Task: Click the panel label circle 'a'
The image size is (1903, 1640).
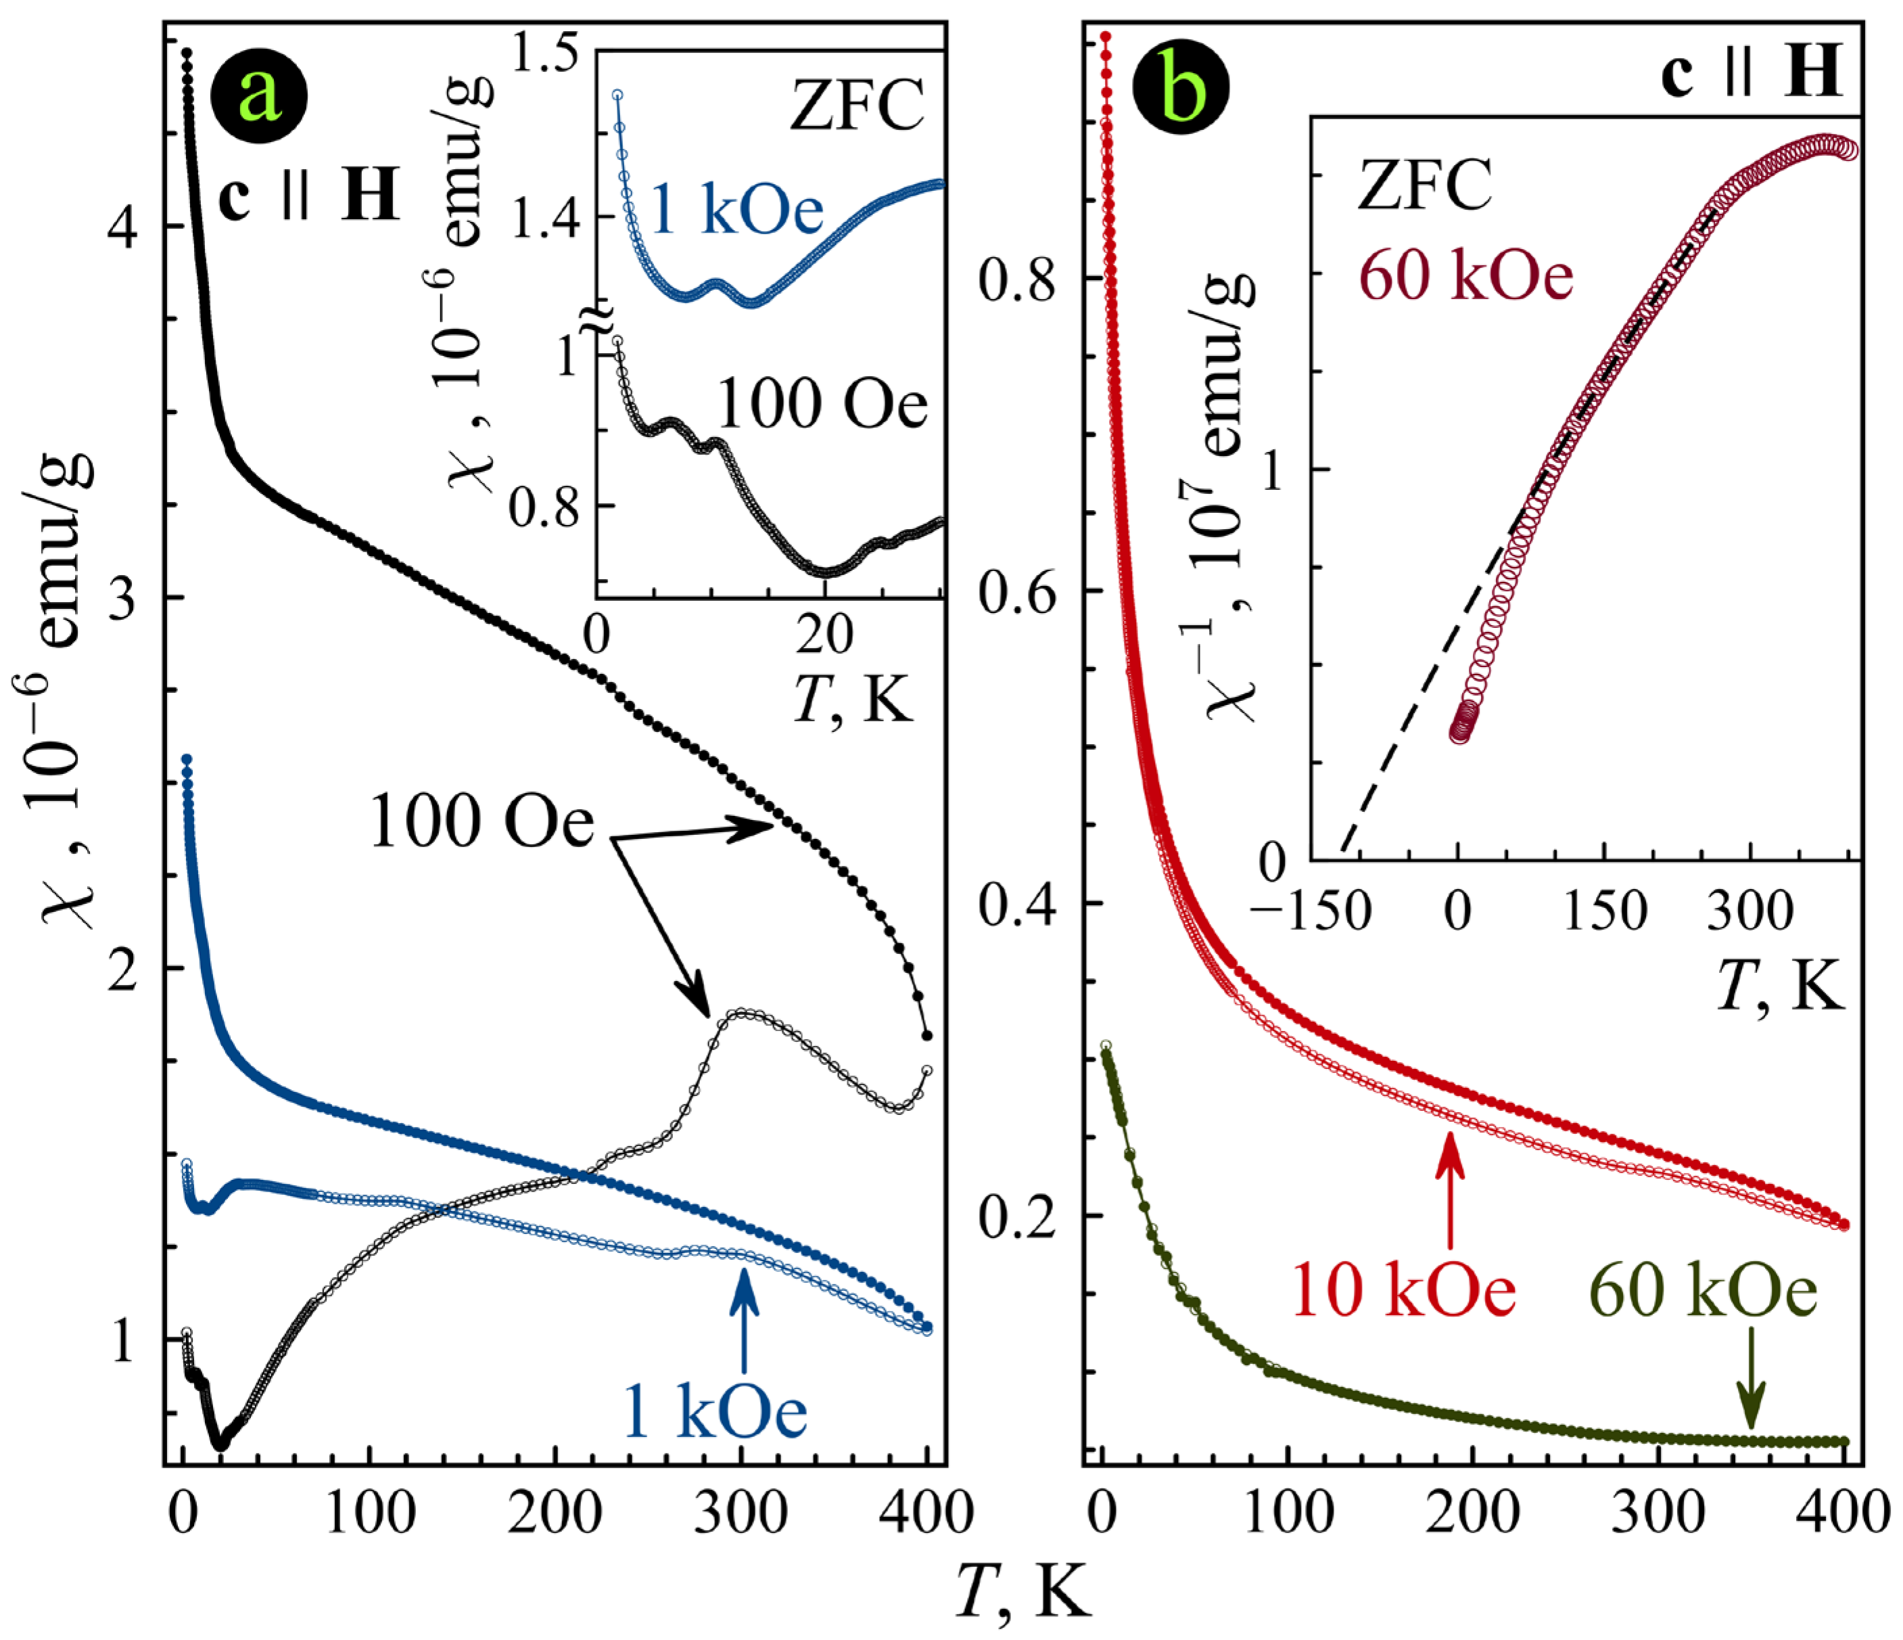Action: tap(259, 95)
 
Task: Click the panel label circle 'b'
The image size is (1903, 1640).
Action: tap(1180, 95)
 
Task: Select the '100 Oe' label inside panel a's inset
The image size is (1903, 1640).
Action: tap(822, 405)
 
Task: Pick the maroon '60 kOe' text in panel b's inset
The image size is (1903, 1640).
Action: tap(1467, 277)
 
